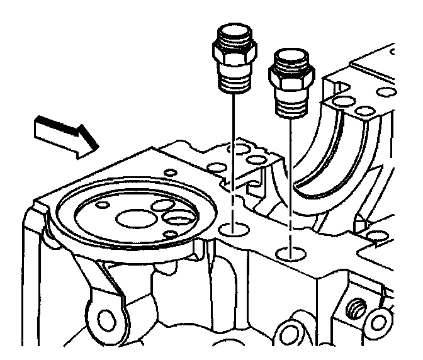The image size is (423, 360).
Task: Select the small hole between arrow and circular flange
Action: click(169, 171)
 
